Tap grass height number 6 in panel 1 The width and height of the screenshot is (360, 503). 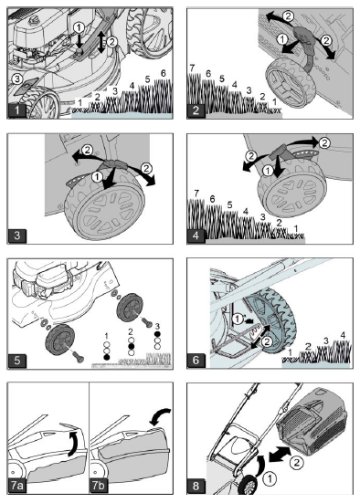(163, 72)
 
